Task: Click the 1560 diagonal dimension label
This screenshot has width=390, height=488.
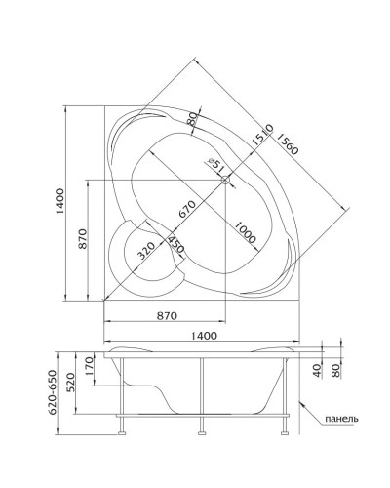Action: pos(287,144)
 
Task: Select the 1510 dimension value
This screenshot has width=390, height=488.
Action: pos(262,135)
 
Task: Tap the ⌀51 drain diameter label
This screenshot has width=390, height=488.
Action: pos(216,165)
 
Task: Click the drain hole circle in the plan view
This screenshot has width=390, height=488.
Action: pos(225,180)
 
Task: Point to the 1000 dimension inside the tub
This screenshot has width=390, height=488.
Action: pos(245,232)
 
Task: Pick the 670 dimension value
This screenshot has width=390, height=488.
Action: pos(187,209)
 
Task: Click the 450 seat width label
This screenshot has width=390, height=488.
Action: pos(175,245)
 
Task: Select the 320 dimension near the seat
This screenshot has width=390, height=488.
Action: pos(145,251)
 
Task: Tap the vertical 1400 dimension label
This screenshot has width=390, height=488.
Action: pos(60,201)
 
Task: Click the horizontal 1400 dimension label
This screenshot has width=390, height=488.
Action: pos(204,336)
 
